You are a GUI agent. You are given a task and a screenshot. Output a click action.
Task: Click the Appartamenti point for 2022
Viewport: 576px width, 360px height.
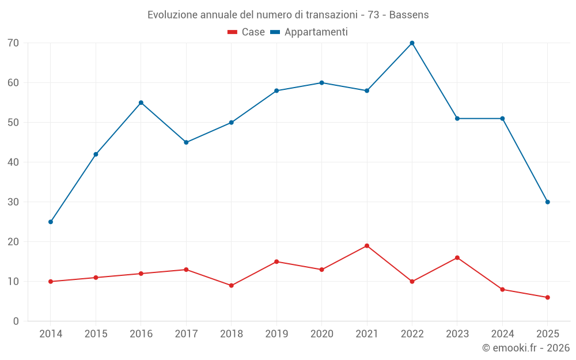pyautogui.click(x=412, y=43)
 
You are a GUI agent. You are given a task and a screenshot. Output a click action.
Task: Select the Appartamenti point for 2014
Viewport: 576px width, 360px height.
pyautogui.click(x=51, y=222)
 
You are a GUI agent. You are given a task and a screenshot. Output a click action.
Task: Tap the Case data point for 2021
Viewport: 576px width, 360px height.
pyautogui.click(x=367, y=246)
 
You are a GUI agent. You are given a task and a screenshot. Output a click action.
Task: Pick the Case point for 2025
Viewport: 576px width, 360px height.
pyautogui.click(x=547, y=297)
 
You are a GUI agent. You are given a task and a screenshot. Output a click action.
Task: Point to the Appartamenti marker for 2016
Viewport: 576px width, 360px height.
pyautogui.click(x=141, y=103)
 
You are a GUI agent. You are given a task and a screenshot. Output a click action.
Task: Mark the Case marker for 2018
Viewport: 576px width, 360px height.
pyautogui.click(x=232, y=286)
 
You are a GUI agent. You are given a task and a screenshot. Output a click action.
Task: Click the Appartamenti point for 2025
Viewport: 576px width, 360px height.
pyautogui.click(x=547, y=202)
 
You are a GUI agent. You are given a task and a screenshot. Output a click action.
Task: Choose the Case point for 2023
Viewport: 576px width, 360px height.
pyautogui.click(x=457, y=257)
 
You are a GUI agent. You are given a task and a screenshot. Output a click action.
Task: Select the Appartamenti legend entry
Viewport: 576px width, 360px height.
pyautogui.click(x=316, y=32)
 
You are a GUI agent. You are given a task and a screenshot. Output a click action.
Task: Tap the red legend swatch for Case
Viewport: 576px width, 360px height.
pyautogui.click(x=233, y=32)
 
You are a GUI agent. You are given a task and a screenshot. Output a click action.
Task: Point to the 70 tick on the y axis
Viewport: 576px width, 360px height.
pyautogui.click(x=13, y=43)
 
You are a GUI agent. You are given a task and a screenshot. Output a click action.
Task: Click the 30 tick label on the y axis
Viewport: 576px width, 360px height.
pyautogui.click(x=13, y=202)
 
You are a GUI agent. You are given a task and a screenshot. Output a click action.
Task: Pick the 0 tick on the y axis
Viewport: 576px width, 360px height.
pyautogui.click(x=16, y=321)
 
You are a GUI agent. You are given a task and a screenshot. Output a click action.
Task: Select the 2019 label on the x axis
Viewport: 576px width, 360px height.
pyautogui.click(x=276, y=334)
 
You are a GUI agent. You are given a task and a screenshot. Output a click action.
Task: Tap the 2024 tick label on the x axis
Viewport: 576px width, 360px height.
pyautogui.click(x=502, y=334)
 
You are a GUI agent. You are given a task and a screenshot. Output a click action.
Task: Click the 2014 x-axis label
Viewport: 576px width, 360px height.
pyautogui.click(x=51, y=334)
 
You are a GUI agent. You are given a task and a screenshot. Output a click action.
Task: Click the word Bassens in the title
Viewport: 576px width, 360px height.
pyautogui.click(x=409, y=15)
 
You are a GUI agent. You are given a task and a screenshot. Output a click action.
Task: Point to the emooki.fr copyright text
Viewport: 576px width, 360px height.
pyautogui.click(x=526, y=348)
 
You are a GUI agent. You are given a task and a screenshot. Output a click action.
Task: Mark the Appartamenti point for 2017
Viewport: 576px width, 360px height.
pyautogui.click(x=186, y=142)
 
